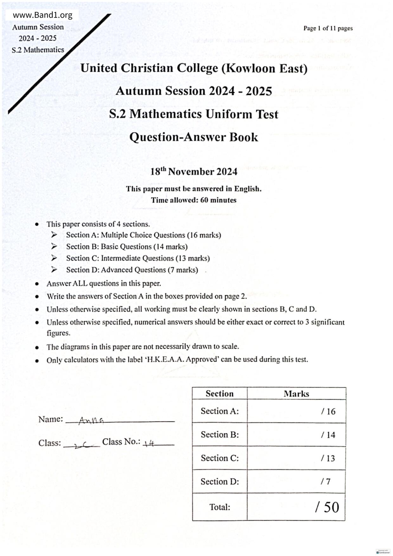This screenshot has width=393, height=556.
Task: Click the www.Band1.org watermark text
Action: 42,15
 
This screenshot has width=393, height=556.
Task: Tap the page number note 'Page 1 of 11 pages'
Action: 328,28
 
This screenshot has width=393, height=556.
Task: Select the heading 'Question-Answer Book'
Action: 194,137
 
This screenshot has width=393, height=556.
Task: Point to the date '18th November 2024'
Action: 194,171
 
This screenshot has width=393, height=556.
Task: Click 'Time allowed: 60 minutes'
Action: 194,200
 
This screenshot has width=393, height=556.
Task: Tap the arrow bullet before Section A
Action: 54,235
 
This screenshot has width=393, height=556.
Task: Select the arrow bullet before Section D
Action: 54,269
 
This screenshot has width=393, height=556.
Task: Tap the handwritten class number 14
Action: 149,443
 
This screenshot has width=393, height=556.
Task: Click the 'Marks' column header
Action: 296,394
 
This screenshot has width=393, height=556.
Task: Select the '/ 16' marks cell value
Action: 328,411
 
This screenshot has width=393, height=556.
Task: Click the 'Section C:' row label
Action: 220,458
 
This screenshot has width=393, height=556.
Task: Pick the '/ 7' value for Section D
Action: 325,482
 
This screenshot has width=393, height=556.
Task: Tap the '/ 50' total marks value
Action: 327,507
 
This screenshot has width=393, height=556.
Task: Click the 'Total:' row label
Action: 220,507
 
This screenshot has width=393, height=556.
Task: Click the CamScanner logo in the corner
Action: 383,552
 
